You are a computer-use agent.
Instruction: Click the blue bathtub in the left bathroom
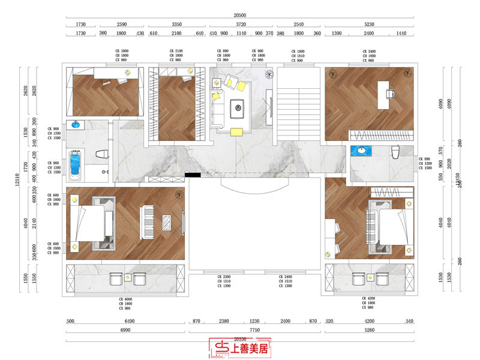click(75, 164)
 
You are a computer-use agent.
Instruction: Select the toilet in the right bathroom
click(395, 153)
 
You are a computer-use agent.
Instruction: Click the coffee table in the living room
click(238, 109)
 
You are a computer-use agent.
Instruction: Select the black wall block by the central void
click(193, 175)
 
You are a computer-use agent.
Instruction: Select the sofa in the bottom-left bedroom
click(146, 221)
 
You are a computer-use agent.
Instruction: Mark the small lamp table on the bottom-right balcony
click(371, 277)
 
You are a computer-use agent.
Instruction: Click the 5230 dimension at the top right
click(368, 24)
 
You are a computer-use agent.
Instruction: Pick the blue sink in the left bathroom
click(76, 125)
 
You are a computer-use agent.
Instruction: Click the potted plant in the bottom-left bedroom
click(178, 194)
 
